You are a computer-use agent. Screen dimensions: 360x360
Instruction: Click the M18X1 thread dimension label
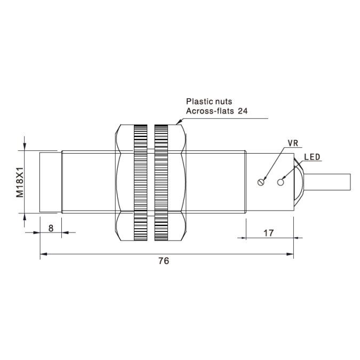click(20, 182)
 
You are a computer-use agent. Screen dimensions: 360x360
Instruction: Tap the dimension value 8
click(51, 228)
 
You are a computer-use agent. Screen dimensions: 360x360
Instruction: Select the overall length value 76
click(164, 261)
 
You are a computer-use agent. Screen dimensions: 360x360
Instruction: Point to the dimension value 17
click(268, 233)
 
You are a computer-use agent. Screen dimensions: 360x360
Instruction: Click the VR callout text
click(293, 143)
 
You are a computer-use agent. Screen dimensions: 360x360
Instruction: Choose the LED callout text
click(312, 157)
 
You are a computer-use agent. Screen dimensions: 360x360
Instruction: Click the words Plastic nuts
click(209, 101)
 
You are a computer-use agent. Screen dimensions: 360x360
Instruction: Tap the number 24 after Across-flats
click(243, 111)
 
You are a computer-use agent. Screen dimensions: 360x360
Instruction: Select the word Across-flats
click(210, 111)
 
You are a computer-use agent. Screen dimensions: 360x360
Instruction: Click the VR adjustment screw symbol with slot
click(261, 182)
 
